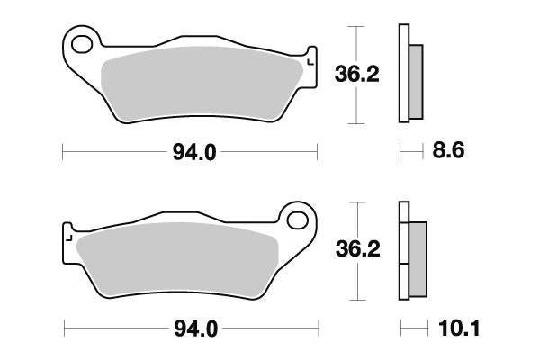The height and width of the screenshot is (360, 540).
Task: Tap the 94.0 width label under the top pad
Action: coord(193,153)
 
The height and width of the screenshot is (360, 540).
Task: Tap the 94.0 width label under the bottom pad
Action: coord(193,328)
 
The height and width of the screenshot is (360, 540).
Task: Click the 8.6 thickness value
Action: coord(447,152)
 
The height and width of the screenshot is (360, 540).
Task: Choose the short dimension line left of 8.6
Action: coord(410,153)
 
